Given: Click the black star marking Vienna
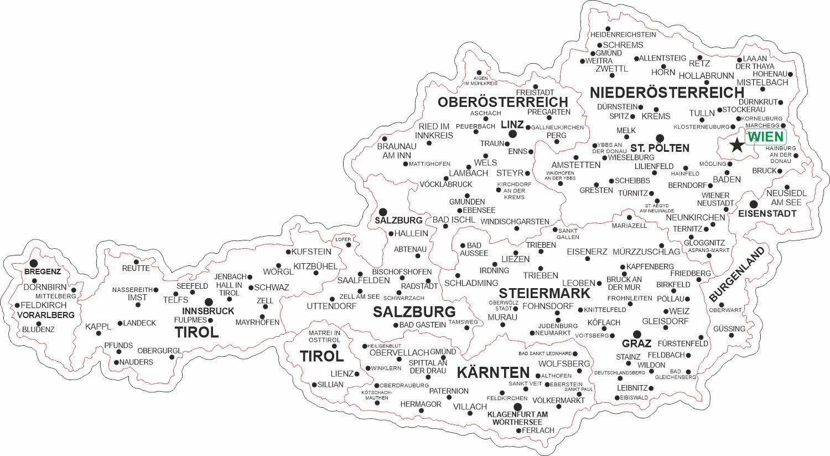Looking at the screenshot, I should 736,146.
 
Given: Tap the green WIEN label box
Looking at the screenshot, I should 766,137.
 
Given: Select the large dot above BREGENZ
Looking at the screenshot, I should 34,263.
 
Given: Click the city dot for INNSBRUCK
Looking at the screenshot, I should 209,302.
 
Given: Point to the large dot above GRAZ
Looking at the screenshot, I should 637,334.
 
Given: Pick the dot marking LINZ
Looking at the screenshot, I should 513,134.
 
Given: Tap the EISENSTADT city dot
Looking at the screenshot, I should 754,204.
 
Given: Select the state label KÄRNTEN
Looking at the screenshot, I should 494,372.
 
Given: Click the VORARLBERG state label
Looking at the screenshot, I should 46,315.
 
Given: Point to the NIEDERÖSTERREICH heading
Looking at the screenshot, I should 667,92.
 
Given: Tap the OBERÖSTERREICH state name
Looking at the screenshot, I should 502,102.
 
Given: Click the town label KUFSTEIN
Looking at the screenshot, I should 312,252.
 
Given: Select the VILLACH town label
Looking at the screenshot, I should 470,407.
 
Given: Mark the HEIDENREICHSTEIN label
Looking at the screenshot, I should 623,34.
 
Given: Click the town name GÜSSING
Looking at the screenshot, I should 729,329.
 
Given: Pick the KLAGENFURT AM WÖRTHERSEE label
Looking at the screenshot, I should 517,418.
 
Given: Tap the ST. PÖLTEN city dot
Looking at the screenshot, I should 660,138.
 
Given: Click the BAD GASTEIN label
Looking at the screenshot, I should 423,325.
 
